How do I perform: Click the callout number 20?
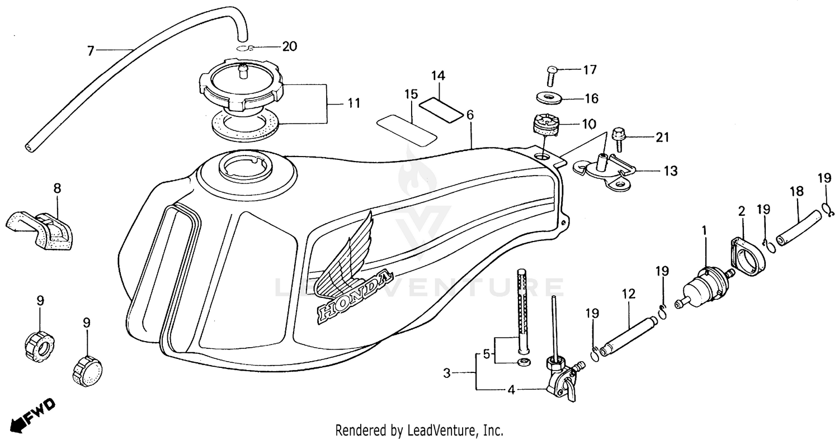point(289,46)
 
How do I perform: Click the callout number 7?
point(91,51)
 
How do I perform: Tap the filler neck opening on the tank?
point(245,166)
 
